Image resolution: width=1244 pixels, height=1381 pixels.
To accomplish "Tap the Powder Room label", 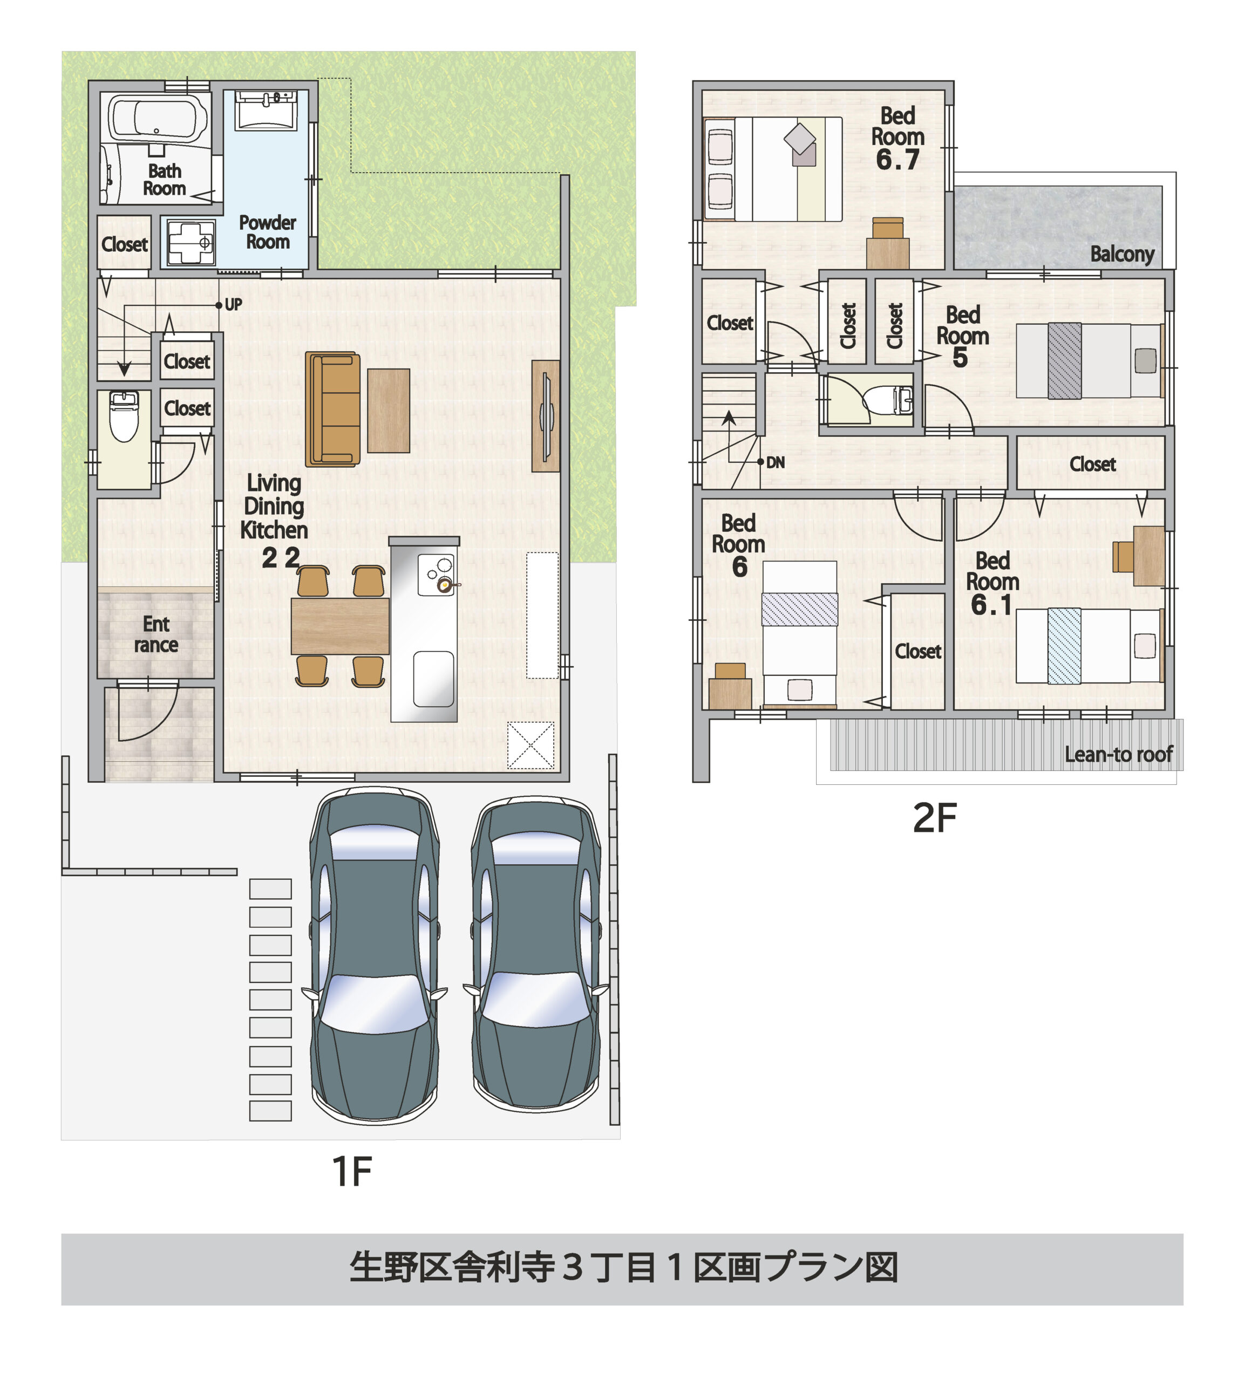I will (x=267, y=233).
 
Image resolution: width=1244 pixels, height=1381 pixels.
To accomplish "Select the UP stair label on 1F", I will (x=233, y=305).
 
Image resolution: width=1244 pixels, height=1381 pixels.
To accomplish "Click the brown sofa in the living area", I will (x=333, y=408).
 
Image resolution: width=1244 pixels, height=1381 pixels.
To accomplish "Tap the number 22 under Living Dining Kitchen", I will (x=280, y=558).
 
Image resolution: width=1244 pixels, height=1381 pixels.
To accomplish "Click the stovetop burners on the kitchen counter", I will (x=438, y=575).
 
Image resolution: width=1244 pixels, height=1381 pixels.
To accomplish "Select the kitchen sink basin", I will (x=433, y=679).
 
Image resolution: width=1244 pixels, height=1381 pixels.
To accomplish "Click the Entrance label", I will (x=156, y=634).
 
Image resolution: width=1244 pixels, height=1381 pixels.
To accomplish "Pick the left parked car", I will (x=374, y=956).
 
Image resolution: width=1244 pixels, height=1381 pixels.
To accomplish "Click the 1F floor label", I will (x=351, y=1171).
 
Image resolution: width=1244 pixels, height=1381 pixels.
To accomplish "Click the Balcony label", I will (x=1121, y=254).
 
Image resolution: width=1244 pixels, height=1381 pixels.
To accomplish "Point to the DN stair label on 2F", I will (x=775, y=463).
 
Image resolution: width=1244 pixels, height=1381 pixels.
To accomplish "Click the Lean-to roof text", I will (x=1118, y=754).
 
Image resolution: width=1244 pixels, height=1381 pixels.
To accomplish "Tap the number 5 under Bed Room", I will (x=960, y=357).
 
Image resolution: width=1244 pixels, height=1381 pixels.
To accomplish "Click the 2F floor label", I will (x=934, y=818).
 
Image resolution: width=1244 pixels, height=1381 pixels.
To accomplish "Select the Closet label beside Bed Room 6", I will (x=917, y=651).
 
